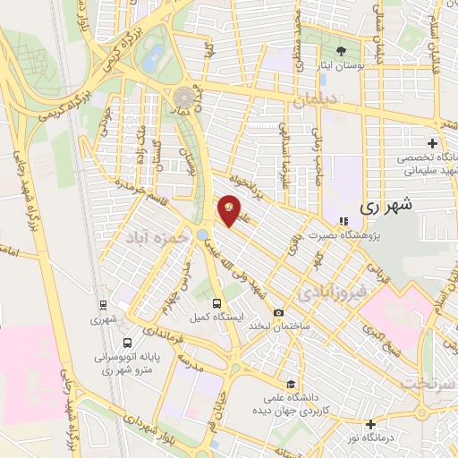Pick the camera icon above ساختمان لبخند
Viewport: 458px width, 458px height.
tap(279, 312)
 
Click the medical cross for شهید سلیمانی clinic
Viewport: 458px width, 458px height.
tap(432, 143)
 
